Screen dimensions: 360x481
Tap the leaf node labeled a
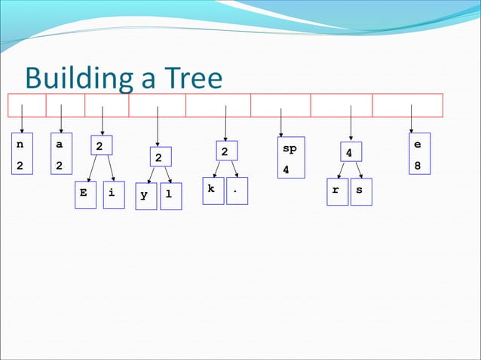(60, 154)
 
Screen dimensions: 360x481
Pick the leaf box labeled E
(85, 194)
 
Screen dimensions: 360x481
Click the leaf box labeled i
(113, 194)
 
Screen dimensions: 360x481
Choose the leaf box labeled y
(146, 196)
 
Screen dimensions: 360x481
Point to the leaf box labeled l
(170, 196)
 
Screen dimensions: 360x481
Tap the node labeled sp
(290, 157)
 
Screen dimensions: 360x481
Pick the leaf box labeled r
(335, 191)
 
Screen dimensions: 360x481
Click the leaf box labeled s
(360, 191)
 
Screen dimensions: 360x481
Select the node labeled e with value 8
(419, 154)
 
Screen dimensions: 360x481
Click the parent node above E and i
(101, 145)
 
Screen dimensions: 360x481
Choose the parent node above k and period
(225, 151)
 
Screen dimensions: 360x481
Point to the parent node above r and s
(350, 152)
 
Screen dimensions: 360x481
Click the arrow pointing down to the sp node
(280, 125)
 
